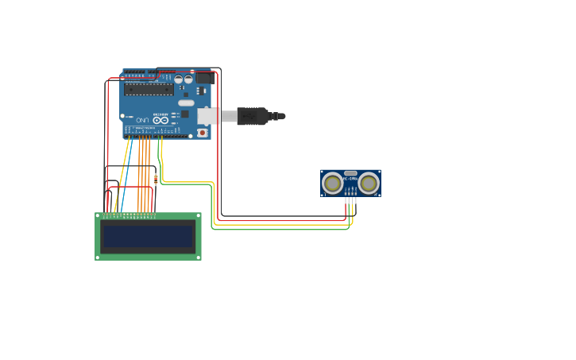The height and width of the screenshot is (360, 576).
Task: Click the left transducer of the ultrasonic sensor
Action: [332, 184]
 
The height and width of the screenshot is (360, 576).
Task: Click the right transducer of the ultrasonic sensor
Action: [369, 184]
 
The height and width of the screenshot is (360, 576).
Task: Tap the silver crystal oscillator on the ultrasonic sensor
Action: [350, 173]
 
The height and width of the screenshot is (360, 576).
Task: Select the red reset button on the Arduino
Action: [202, 133]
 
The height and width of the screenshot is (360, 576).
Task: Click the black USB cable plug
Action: [252, 116]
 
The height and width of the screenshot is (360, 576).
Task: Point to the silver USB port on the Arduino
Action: [208, 116]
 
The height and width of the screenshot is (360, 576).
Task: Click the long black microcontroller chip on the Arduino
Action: [149, 90]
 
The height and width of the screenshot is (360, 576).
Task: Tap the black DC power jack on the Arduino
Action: [205, 79]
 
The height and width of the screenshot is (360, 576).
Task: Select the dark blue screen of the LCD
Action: [149, 236]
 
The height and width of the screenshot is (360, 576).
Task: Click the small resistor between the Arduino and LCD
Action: [156, 178]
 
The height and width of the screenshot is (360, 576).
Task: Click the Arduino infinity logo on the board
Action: [160, 120]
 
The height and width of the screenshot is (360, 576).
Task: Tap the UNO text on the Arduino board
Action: [144, 120]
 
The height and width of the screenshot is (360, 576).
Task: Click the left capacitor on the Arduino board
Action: [179, 79]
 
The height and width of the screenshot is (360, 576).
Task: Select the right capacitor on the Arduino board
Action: [188, 79]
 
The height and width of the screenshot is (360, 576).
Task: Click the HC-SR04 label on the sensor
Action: [350, 179]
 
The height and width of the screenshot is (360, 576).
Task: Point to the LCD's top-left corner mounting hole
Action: [99, 215]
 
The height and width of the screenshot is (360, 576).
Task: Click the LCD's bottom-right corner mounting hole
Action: [199, 257]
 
